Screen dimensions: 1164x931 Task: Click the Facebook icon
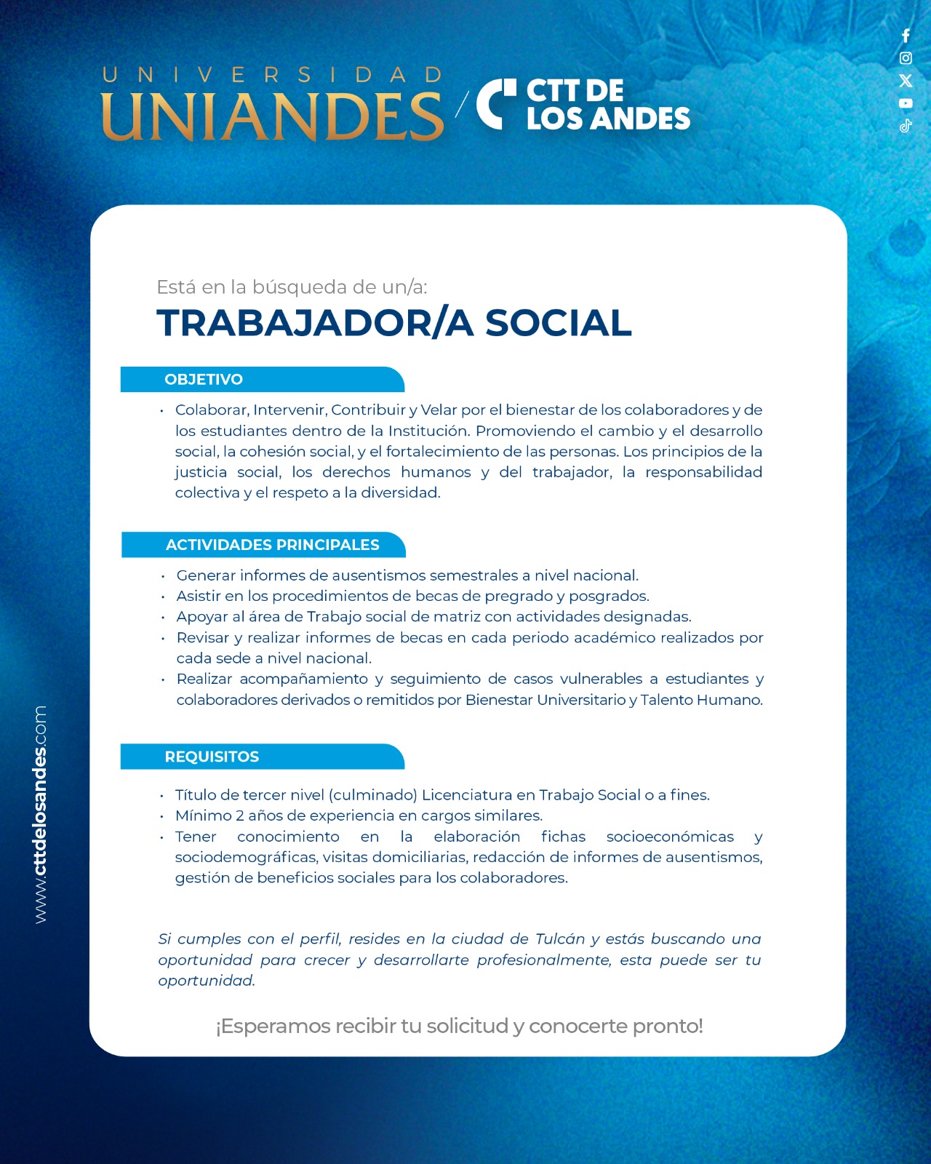click(x=906, y=36)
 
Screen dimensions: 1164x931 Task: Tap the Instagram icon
click(x=906, y=58)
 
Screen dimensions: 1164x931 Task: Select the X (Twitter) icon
click(x=906, y=81)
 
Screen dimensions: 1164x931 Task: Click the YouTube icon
click(x=906, y=103)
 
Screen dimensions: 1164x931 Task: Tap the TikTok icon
click(x=906, y=126)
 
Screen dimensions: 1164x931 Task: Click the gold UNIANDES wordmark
click(x=272, y=116)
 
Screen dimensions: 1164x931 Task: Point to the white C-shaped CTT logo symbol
click(x=495, y=104)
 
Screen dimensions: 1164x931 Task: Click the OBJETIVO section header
click(x=204, y=380)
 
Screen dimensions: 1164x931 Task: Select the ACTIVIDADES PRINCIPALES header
click(x=273, y=545)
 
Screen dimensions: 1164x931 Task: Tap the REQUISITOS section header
click(x=212, y=757)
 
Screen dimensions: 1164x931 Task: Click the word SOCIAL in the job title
click(x=558, y=323)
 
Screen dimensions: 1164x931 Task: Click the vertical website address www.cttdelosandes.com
click(x=40, y=815)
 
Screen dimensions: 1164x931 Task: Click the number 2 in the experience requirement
click(x=240, y=816)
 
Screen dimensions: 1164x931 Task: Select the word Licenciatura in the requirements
click(x=467, y=795)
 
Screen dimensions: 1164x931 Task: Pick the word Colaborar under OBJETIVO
click(x=211, y=410)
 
